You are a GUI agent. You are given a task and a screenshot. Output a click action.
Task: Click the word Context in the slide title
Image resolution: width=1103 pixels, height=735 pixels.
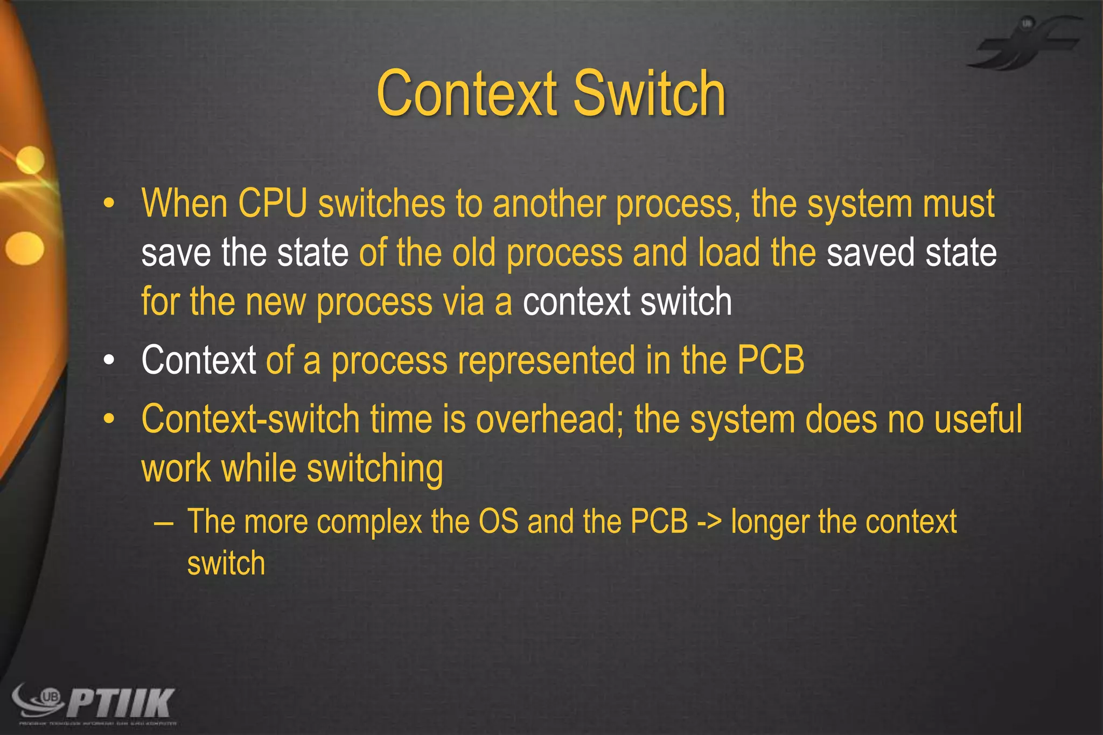466,94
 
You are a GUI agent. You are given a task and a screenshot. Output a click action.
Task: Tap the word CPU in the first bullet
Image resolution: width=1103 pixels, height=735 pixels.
272,204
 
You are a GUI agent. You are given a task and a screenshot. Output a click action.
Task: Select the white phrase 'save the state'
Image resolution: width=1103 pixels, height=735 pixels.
245,253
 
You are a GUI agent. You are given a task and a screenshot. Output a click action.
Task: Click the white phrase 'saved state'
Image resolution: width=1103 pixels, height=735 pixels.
911,253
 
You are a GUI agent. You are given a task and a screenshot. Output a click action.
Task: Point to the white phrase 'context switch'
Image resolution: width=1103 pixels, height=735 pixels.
627,302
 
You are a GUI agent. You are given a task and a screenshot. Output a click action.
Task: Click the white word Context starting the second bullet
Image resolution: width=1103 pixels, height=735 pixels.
198,360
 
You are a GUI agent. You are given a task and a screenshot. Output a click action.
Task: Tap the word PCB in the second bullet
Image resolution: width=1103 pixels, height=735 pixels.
770,360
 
